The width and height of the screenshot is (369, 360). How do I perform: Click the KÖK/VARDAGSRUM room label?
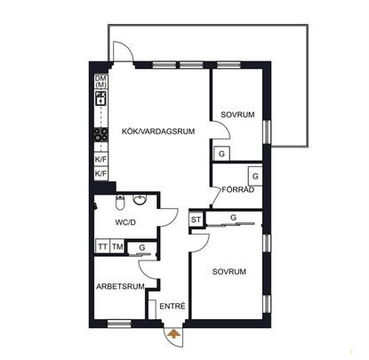click(148, 132)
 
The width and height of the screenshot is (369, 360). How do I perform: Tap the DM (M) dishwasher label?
click(100, 81)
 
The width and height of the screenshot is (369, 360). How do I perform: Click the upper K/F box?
click(100, 159)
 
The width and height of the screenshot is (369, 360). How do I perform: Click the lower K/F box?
click(100, 174)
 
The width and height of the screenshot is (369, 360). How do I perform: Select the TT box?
click(102, 247)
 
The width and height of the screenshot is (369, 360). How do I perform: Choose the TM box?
click(118, 247)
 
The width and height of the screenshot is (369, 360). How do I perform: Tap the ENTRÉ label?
click(172, 308)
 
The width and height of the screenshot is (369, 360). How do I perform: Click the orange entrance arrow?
click(173, 335)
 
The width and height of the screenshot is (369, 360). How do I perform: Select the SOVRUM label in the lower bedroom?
click(229, 271)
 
